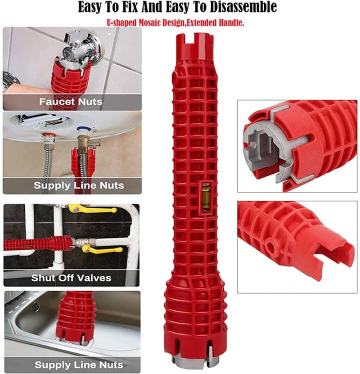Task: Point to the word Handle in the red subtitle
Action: pos(231,22)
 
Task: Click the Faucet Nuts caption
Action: pos(71,102)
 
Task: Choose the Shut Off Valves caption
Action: pos(71,278)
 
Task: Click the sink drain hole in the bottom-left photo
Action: pos(36,306)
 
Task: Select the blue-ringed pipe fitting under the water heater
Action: pos(83,131)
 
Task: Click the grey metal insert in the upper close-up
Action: pos(261,149)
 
